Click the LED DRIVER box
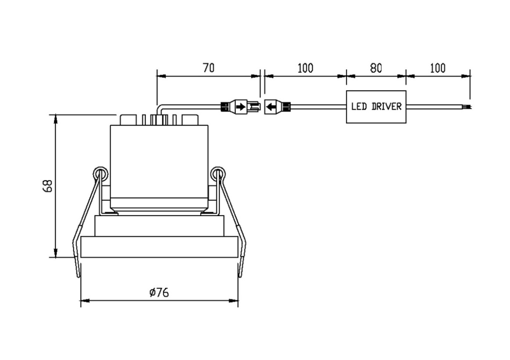376,107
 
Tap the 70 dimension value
209,68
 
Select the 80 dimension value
376,68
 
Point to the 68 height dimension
48,186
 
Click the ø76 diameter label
159,292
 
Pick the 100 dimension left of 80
305,68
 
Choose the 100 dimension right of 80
438,68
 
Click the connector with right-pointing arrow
240,107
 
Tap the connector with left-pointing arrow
277,107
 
